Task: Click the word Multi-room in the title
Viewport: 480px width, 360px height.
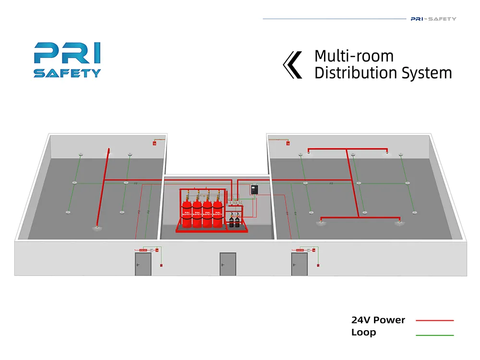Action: point(354,56)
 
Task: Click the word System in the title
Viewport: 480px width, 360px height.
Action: point(429,73)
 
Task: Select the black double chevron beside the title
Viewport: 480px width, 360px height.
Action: point(293,65)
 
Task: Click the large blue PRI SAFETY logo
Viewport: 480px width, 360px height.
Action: point(67,60)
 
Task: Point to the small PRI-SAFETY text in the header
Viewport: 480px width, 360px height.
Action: point(433,19)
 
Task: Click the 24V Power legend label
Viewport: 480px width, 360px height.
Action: point(378,320)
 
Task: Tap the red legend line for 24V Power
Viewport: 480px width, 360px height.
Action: point(434,320)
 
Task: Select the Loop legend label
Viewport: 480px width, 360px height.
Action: point(363,332)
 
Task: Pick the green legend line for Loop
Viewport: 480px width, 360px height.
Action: point(434,335)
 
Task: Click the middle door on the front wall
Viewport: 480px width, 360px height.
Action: point(228,264)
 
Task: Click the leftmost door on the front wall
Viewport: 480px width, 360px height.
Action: point(143,264)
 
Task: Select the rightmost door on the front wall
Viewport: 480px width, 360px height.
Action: point(300,264)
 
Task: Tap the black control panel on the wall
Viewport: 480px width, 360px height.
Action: point(254,190)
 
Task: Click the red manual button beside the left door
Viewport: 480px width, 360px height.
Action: point(162,264)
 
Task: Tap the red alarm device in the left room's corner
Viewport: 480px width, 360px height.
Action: point(155,143)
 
